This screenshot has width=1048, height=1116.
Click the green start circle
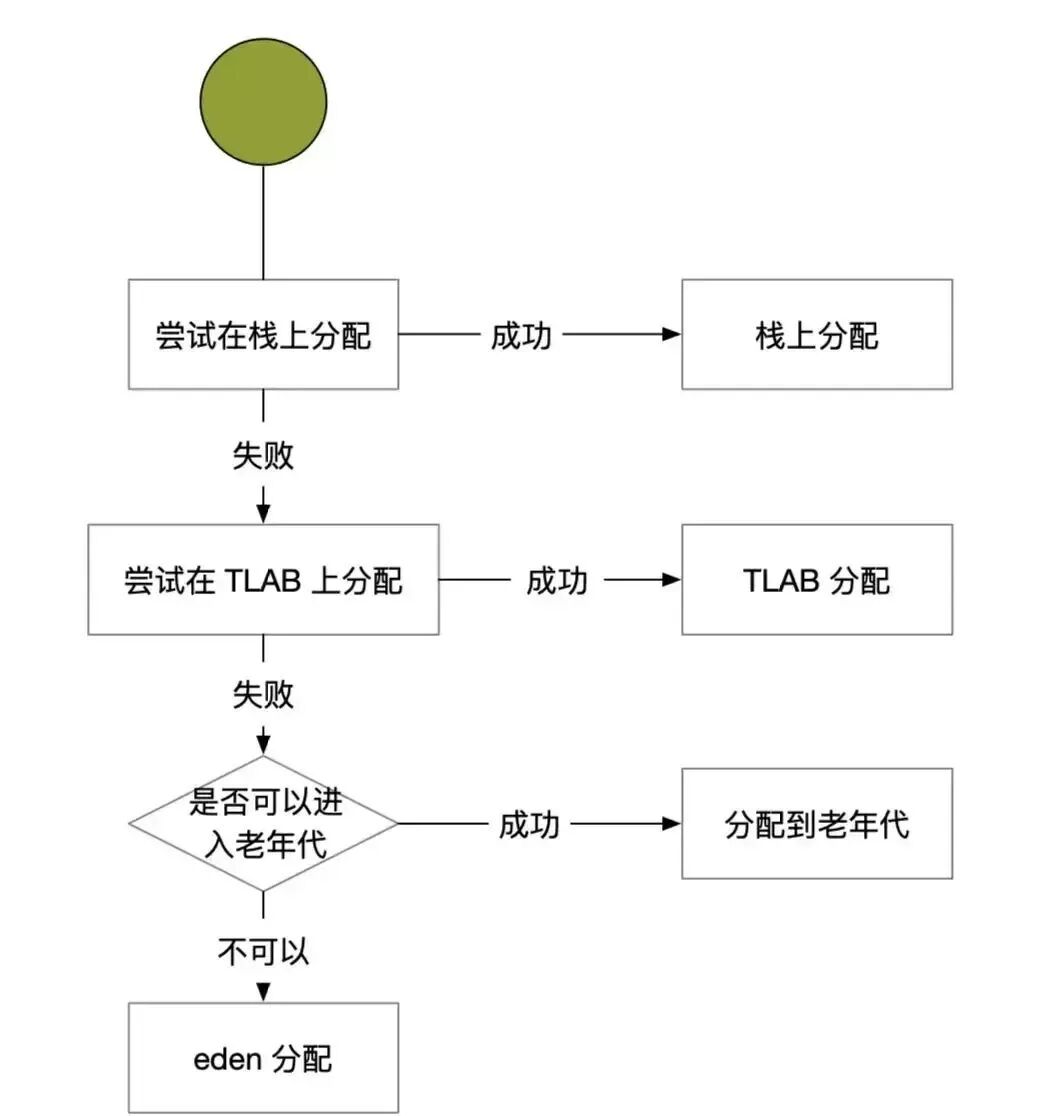[x=264, y=102]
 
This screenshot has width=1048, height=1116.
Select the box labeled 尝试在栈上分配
[x=263, y=334]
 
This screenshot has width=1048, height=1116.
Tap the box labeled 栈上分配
[x=817, y=334]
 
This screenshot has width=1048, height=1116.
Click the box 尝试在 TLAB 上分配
[x=263, y=579]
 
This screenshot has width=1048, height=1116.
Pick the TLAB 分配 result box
[x=817, y=579]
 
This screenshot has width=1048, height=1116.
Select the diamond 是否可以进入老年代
[x=263, y=823]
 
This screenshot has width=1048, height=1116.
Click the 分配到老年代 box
[x=817, y=823]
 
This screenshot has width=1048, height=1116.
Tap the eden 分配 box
[x=263, y=1058]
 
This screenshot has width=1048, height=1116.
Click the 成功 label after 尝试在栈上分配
[x=520, y=335]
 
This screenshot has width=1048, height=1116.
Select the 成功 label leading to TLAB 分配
[x=557, y=580]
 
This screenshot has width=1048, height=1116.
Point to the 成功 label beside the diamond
[x=529, y=825]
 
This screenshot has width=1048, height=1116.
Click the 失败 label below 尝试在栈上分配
[x=263, y=455]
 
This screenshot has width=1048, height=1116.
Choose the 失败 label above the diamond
[x=263, y=694]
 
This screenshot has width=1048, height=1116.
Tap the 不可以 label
[x=263, y=951]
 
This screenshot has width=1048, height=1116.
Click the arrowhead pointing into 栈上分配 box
[x=672, y=335]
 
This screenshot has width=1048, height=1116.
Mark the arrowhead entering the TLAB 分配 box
[x=672, y=580]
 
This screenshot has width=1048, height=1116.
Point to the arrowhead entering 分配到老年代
[x=672, y=824]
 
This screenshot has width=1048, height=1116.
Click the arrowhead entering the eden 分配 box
[x=263, y=993]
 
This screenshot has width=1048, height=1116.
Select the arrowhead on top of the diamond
[x=263, y=745]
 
